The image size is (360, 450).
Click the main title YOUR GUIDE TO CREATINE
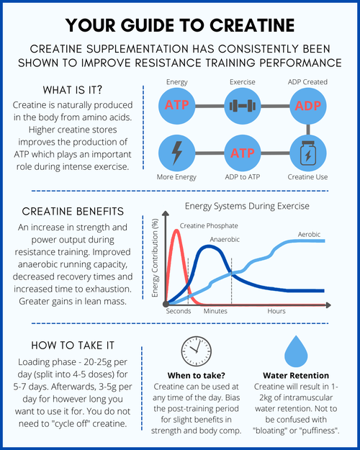(x=180, y=24)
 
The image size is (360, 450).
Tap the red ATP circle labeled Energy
(x=177, y=105)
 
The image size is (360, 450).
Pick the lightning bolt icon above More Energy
(x=177, y=153)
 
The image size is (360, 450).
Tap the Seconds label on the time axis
(x=179, y=311)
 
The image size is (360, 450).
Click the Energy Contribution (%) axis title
(x=156, y=258)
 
